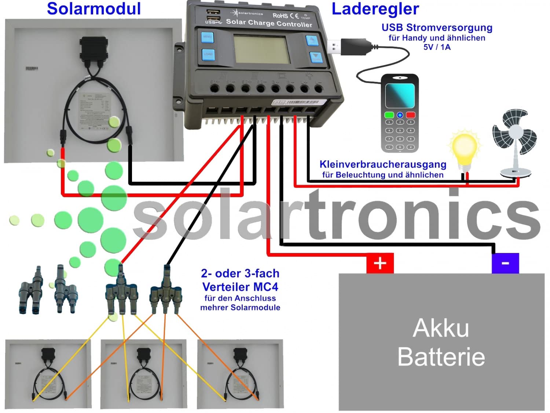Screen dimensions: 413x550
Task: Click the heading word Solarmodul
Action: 94,9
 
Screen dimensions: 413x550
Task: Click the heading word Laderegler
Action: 375,9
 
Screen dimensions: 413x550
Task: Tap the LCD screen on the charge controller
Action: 262,50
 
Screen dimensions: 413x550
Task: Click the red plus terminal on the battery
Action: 380,263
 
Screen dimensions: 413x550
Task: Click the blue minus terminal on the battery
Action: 505,263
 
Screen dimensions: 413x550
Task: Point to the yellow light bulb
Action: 465,149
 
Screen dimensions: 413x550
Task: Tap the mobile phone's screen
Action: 400,95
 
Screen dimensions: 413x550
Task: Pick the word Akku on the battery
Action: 441,328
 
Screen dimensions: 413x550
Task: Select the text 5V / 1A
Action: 437,47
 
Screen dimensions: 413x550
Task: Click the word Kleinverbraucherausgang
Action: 383,164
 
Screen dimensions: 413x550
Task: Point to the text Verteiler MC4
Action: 240,287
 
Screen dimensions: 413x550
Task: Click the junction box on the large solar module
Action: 94,49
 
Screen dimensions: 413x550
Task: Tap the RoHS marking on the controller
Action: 280,15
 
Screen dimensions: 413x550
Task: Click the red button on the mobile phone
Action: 410,115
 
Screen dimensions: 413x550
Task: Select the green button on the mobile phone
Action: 389,115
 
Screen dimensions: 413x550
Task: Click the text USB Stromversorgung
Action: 437,28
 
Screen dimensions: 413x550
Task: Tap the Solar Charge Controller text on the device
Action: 269,23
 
